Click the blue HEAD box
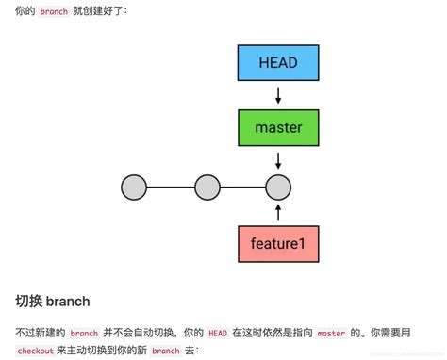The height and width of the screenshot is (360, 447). pos(277,63)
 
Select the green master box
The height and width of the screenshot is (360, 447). pos(277,126)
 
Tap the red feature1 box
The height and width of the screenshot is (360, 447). pos(277,243)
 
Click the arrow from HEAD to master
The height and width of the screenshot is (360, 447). pos(277,94)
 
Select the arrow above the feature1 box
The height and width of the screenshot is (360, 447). pos(277,211)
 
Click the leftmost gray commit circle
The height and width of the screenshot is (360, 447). pos(135,188)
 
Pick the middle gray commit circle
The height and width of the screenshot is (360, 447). pos(207,188)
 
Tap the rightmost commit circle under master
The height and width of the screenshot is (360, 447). pos(277,188)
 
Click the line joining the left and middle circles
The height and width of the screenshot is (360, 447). pos(171,188)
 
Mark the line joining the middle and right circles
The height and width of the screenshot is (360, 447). pos(241,188)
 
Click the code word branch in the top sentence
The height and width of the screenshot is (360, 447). pos(54,11)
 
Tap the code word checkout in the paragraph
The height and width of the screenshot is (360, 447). pos(35,350)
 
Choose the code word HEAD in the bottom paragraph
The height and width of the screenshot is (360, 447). pos(218,333)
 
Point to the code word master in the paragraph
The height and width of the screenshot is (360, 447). pos(331,333)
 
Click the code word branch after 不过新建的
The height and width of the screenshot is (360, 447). pos(84,333)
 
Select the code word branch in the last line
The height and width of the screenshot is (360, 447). pos(165,350)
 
